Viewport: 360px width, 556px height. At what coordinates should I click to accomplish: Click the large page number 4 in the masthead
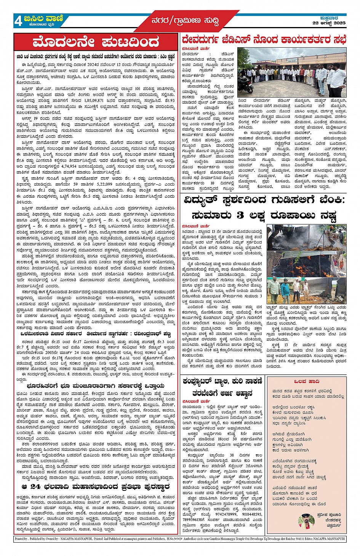(x=18, y=21)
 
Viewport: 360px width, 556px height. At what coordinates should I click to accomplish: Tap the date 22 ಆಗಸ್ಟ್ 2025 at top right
(x=329, y=23)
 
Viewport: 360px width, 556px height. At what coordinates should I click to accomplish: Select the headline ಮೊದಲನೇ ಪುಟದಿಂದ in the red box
(x=96, y=42)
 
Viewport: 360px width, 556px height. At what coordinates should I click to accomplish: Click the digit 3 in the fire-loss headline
(x=240, y=215)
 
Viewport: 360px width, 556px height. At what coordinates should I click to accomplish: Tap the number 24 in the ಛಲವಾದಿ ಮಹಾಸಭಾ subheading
(x=35, y=487)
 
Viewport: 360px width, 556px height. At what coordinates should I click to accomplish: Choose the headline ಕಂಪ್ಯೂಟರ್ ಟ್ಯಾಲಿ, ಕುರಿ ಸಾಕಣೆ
(x=222, y=381)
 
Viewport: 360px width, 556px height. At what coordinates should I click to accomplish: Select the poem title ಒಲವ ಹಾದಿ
(x=307, y=381)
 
